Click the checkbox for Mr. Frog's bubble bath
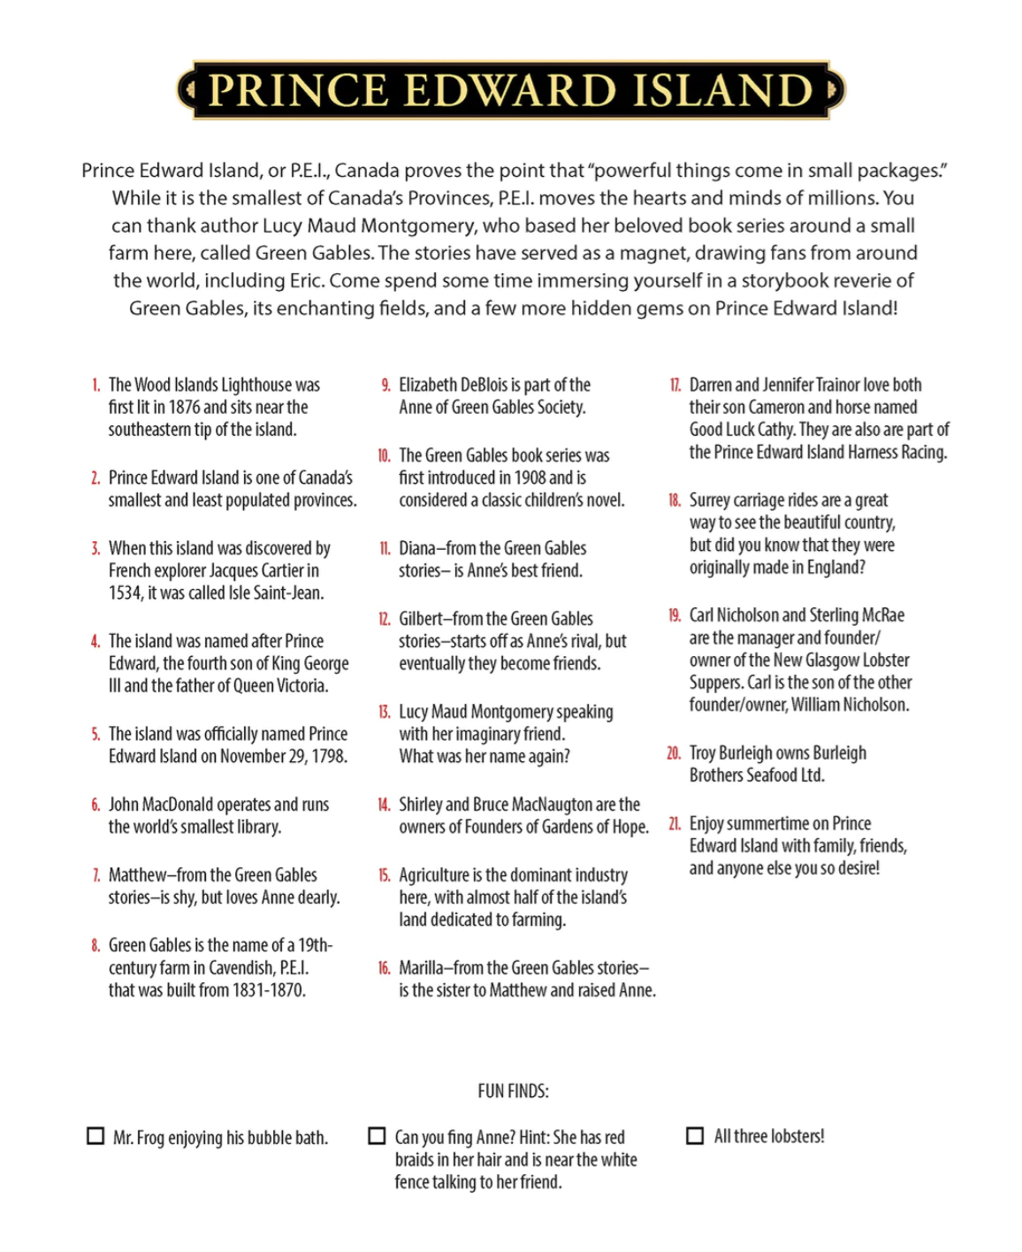95,1136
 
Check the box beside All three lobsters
696,1135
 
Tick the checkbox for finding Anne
378,1135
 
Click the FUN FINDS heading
513,1091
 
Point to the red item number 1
95,386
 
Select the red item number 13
384,712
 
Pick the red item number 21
674,824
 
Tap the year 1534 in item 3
125,593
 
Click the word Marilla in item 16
423,968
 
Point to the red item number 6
95,805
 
